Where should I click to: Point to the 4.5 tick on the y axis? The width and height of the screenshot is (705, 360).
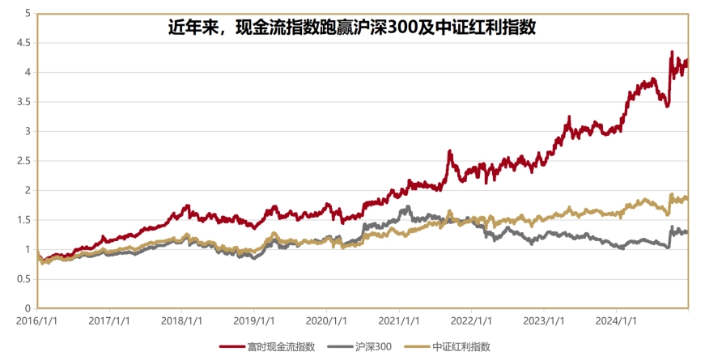pyautogui.click(x=26, y=43)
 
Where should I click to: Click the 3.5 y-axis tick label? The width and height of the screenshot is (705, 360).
pyautogui.click(x=26, y=102)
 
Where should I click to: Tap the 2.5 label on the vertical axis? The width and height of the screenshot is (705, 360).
pyautogui.click(x=26, y=161)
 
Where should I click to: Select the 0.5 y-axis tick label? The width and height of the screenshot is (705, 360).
pyautogui.click(x=26, y=279)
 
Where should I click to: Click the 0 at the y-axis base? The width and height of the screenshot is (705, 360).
pyautogui.click(x=28, y=308)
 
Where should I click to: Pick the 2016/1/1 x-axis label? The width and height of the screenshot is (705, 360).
pyautogui.click(x=38, y=321)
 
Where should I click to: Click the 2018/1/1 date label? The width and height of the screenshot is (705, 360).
pyautogui.click(x=182, y=321)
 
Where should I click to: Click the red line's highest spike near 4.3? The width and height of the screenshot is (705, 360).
pyautogui.click(x=672, y=53)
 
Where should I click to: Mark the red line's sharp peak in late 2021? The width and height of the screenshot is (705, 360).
pyautogui.click(x=449, y=151)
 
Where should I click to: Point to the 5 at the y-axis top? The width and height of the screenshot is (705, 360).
pyautogui.click(x=28, y=14)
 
